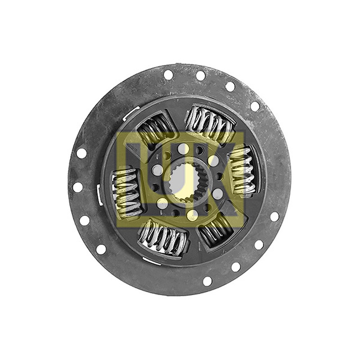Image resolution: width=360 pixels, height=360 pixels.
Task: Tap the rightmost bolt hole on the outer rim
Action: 274,216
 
